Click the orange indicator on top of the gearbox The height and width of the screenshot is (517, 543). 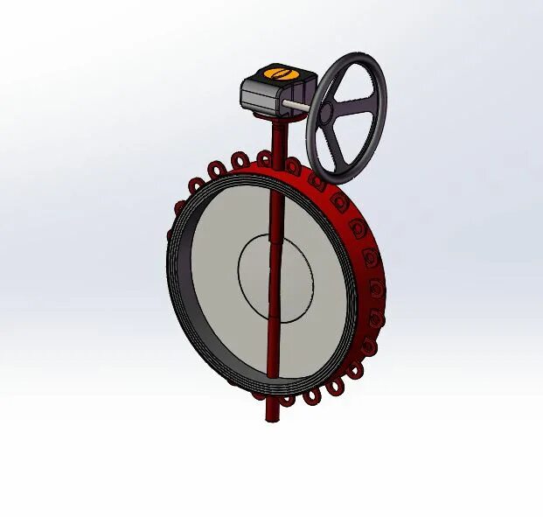tap(277, 74)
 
